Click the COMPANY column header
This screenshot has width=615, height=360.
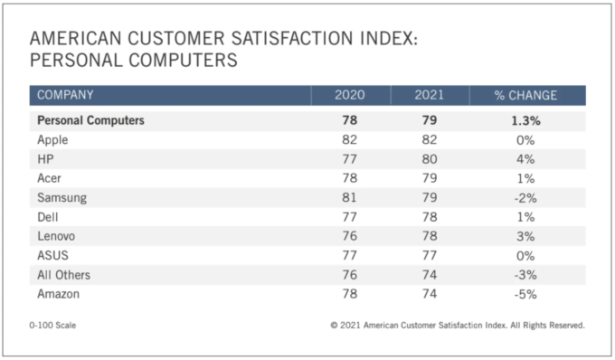(65, 95)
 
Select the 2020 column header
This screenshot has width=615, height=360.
(349, 95)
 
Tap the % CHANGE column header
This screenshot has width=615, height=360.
(525, 95)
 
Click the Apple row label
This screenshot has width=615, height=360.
(52, 140)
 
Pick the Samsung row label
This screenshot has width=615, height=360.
(62, 198)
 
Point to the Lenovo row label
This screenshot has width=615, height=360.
(56, 236)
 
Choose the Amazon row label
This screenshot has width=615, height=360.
(59, 294)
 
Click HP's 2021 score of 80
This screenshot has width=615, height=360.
(430, 159)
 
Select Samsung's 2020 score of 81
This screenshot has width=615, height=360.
(349, 197)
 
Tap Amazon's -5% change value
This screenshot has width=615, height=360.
(525, 294)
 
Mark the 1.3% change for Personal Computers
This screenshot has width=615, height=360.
(525, 121)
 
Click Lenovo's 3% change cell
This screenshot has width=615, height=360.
(525, 236)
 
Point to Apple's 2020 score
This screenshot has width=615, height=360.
(349, 139)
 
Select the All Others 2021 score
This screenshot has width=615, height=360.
(430, 274)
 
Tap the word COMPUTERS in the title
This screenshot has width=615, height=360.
(183, 61)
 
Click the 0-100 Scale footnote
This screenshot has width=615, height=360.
(52, 325)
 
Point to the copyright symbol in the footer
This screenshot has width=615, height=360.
(334, 325)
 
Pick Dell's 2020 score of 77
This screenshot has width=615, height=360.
(349, 217)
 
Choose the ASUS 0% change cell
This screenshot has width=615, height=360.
(525, 256)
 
